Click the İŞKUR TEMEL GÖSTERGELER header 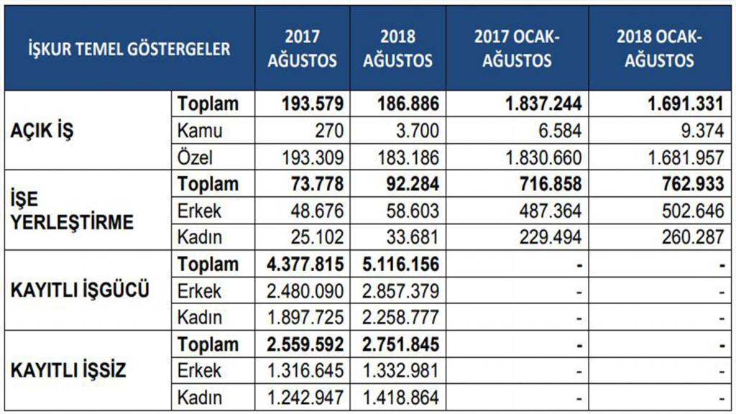coord(129,49)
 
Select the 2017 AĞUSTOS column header coord(302,49)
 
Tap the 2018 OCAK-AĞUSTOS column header coord(658,49)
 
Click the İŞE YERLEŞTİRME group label coord(73,211)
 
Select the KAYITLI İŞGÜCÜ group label coord(80,291)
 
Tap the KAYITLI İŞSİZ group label coord(69,371)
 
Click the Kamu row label coord(201,132)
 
